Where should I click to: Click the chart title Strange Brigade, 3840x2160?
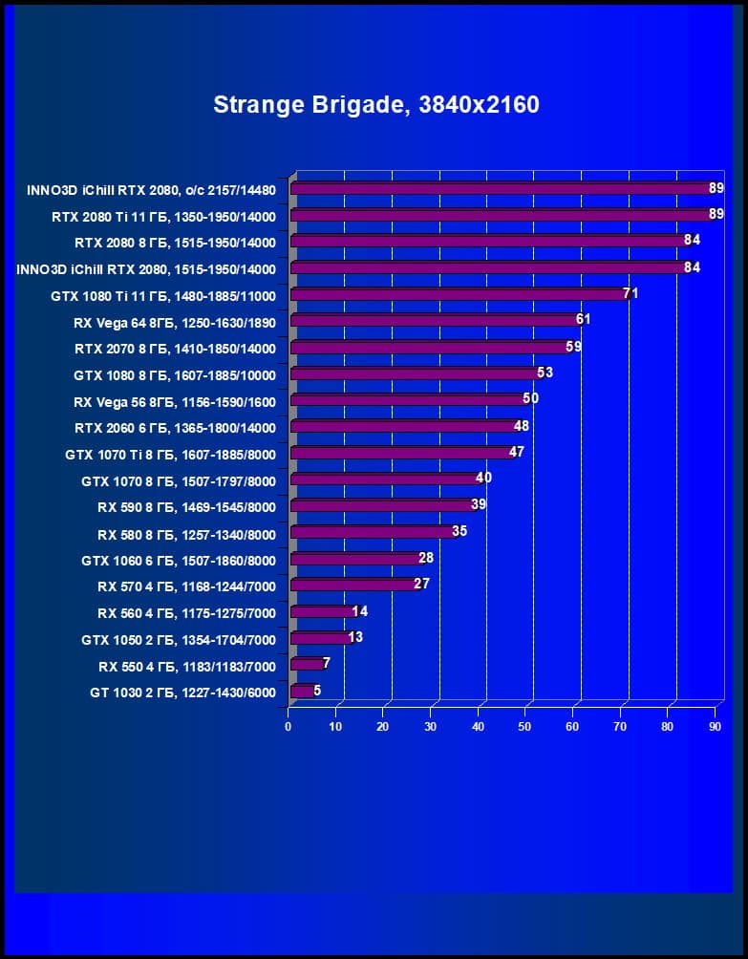[x=376, y=104]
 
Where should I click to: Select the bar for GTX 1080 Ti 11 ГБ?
[x=459, y=295]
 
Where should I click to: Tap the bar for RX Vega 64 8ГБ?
[x=435, y=321]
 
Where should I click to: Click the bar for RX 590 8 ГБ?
[x=382, y=506]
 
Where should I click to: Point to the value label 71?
[x=630, y=293]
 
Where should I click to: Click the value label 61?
[x=583, y=319]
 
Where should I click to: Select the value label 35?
[x=459, y=531]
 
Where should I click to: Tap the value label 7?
[x=327, y=663]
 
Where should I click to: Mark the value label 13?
[x=355, y=637]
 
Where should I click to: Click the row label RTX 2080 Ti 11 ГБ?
[x=163, y=217]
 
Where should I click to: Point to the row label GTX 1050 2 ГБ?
[x=179, y=640]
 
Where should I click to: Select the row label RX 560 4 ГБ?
[x=186, y=613]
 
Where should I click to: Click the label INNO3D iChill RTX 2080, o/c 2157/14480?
[x=151, y=190]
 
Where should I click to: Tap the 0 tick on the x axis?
[x=289, y=727]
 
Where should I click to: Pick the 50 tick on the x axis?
[x=525, y=727]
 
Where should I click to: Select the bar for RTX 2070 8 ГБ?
[x=430, y=348]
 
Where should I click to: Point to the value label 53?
[x=545, y=373]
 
